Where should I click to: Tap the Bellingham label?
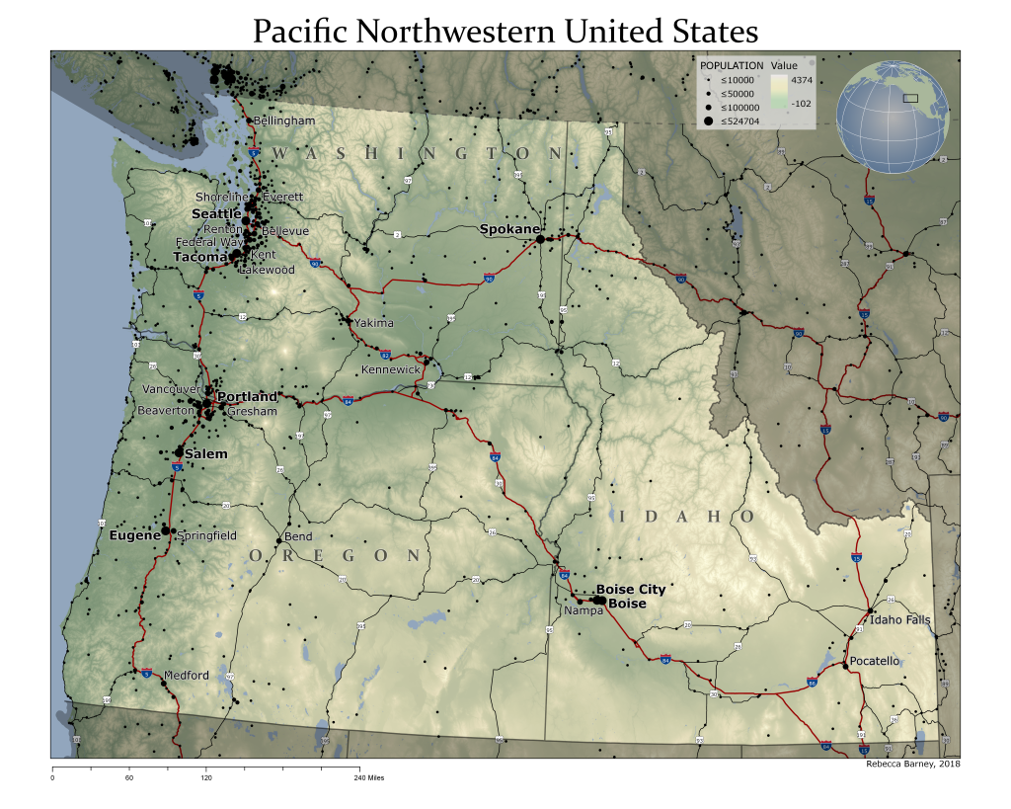point(284,121)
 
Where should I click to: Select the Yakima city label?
point(374,323)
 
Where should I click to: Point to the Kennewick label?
point(390,369)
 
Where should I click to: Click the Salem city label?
point(206,454)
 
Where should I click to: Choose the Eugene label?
point(134,535)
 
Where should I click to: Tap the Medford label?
point(186,676)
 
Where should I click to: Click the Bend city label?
point(298,537)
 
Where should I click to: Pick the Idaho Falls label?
point(898,620)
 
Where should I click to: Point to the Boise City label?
point(630,590)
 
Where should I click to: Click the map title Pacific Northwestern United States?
point(505,31)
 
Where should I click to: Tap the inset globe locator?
point(893,113)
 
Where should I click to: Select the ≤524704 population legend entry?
point(732,120)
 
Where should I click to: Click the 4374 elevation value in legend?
point(802,79)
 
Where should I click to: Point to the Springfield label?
point(206,535)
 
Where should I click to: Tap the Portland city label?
point(247,397)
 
